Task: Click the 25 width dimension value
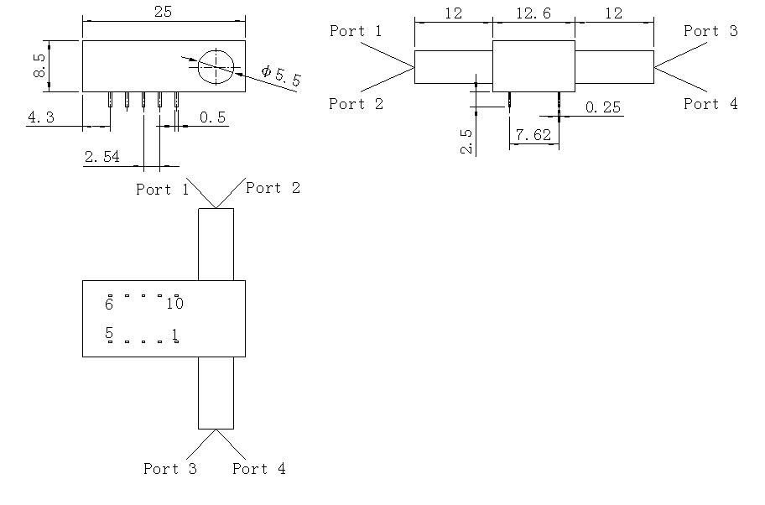(164, 12)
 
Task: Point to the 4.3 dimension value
(41, 117)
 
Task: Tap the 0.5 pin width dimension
(213, 117)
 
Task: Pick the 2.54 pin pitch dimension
(101, 157)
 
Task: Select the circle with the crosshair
(216, 65)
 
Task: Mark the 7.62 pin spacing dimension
(533, 135)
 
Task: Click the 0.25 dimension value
(603, 107)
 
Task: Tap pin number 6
(109, 304)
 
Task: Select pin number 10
(174, 304)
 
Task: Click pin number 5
(109, 334)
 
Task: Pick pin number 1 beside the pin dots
(174, 334)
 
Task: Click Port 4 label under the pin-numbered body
(259, 469)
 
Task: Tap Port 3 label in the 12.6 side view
(710, 31)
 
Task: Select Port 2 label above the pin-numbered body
(273, 188)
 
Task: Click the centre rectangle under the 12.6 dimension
(533, 66)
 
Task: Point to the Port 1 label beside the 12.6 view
(356, 31)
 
